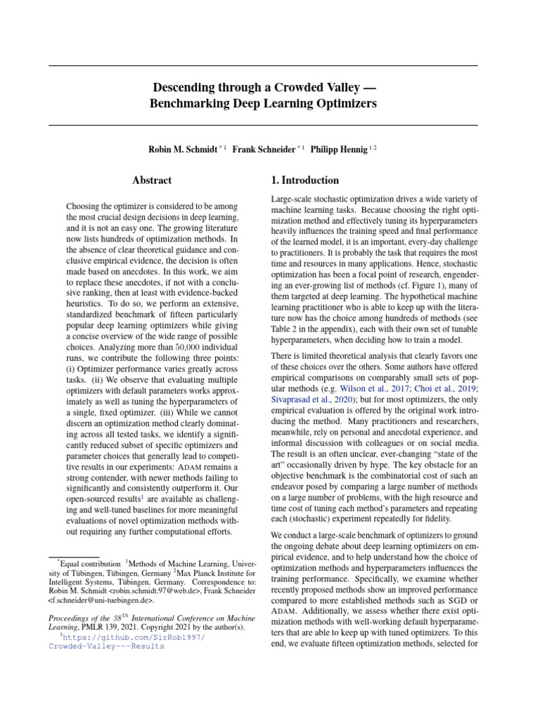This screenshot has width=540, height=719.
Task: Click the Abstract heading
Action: (152, 180)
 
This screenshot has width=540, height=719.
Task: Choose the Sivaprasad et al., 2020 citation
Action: (305, 400)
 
